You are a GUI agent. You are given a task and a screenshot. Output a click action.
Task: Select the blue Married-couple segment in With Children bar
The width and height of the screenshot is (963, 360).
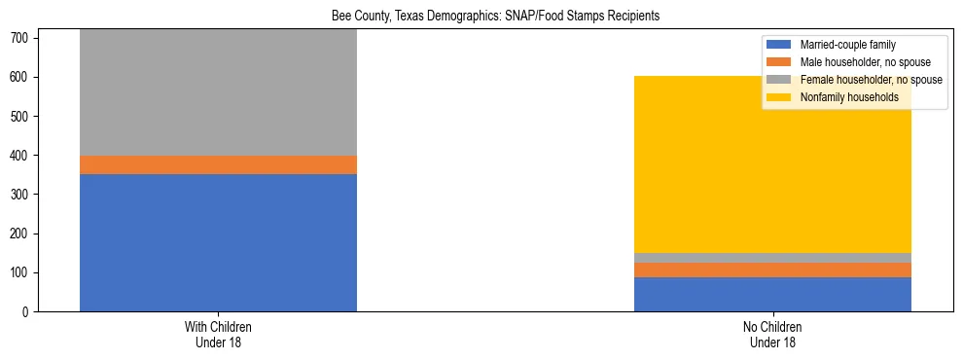pyautogui.click(x=218, y=242)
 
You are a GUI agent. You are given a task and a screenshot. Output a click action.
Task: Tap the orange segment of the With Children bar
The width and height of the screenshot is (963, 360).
pyautogui.click(x=218, y=164)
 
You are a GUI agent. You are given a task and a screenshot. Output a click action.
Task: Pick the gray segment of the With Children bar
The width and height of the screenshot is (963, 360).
pyautogui.click(x=218, y=92)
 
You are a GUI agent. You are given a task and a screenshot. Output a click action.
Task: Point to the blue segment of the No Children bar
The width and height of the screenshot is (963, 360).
pyautogui.click(x=772, y=294)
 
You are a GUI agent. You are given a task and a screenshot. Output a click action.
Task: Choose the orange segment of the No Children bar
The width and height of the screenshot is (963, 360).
pyautogui.click(x=772, y=270)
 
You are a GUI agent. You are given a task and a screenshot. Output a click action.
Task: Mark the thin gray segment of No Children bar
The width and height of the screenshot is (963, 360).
pyautogui.click(x=772, y=258)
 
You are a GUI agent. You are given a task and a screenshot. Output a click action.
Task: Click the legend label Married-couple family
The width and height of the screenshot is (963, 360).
pyautogui.click(x=847, y=45)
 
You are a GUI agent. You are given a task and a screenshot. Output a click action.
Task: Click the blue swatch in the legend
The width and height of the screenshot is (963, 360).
pyautogui.click(x=780, y=45)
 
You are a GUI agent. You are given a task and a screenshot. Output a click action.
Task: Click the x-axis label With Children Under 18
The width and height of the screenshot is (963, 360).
pyautogui.click(x=218, y=334)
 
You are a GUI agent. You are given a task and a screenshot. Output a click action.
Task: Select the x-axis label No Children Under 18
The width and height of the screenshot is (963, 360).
pyautogui.click(x=772, y=334)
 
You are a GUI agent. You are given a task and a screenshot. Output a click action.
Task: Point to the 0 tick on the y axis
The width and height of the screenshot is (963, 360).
pyautogui.click(x=27, y=311)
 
